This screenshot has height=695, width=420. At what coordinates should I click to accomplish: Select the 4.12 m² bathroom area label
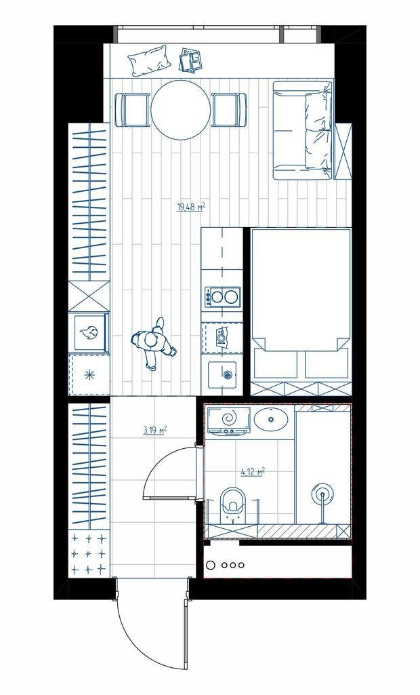coord(253,472)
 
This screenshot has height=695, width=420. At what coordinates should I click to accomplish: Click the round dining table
coord(180,110)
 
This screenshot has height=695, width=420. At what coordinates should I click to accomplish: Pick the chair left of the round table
coord(133,110)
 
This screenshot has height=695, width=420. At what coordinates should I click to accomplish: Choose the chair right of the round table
coord(228,110)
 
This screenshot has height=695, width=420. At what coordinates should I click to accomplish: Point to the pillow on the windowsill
coord(149,60)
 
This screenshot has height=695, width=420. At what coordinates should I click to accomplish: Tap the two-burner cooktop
coord(222,297)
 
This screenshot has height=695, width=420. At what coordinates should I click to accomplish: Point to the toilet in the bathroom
coord(232,505)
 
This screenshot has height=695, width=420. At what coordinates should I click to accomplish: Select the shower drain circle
coord(322,493)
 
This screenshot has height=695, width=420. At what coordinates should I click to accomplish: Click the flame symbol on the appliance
coord(90,332)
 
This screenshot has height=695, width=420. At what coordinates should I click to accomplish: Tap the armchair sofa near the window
coord(303,130)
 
